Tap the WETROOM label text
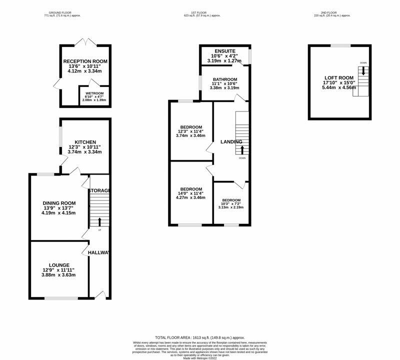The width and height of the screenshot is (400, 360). coord(94,92)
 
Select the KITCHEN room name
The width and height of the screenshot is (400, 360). coord(85,142)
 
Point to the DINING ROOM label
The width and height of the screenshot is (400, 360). coord(59,203)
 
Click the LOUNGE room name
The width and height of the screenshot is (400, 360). coord(59,265)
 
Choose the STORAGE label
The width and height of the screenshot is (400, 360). coord(99,190)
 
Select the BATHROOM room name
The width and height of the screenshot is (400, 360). coord(224,79)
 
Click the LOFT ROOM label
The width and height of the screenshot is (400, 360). coord(339,77)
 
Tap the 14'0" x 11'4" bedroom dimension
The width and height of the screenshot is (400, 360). coord(191,193)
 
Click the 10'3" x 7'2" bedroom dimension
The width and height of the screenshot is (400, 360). coord(231,204)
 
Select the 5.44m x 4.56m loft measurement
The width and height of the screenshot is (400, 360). coord(339,87)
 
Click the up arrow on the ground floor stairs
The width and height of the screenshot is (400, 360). coord(99,221)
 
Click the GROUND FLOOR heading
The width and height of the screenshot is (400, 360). coord(62,12)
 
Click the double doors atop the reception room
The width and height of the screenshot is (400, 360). coord(84,42)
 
